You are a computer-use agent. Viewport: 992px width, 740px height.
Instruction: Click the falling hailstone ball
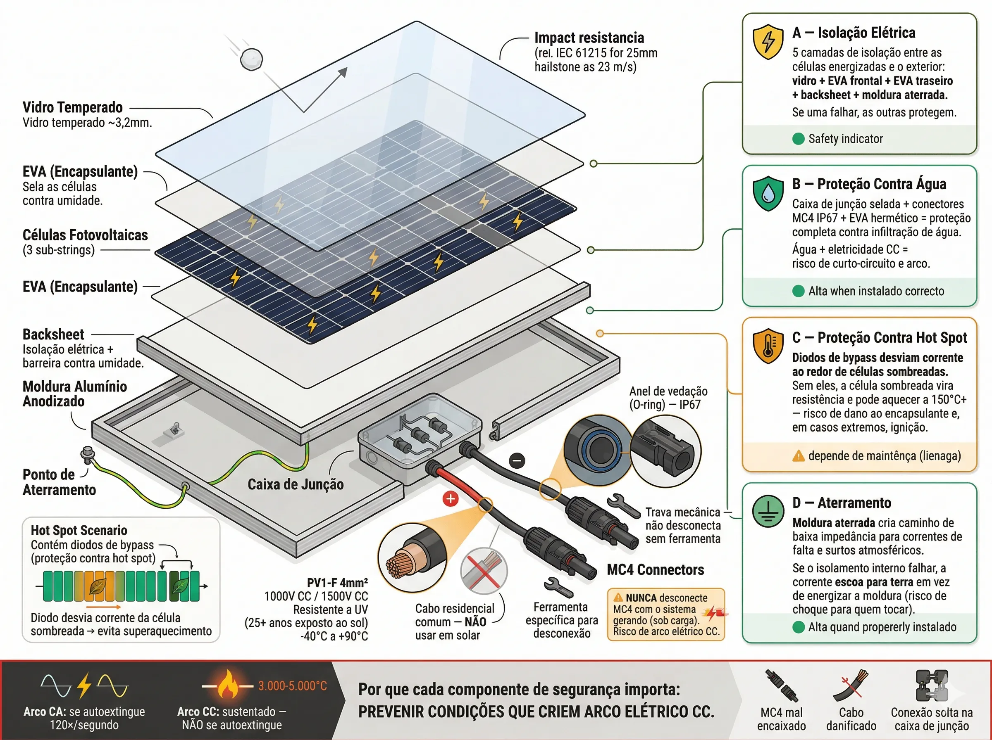coord(251,59)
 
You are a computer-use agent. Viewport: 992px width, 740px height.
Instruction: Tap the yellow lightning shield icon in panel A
coord(768,41)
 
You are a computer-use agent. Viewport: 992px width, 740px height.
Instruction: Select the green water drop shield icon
coord(768,194)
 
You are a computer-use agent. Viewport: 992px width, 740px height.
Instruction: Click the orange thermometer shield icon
coord(768,347)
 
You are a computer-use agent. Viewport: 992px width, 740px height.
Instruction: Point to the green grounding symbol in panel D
coord(768,512)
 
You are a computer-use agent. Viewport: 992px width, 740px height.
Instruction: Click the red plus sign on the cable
coord(450,498)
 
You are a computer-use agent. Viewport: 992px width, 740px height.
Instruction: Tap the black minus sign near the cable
coord(517,460)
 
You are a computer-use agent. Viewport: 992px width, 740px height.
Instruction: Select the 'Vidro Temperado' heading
coord(73,107)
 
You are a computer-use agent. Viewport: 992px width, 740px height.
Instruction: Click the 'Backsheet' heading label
coord(53,334)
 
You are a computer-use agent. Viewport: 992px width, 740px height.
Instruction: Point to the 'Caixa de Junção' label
coord(296,484)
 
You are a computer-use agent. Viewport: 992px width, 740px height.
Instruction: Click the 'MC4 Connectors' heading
coord(656,570)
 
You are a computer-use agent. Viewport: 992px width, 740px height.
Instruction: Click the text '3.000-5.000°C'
coord(292,686)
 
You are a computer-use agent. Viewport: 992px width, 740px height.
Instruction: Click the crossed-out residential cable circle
coord(484,571)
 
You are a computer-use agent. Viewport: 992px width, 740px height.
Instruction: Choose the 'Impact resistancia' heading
coord(589,38)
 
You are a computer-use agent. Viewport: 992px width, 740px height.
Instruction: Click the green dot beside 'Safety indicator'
coord(798,139)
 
